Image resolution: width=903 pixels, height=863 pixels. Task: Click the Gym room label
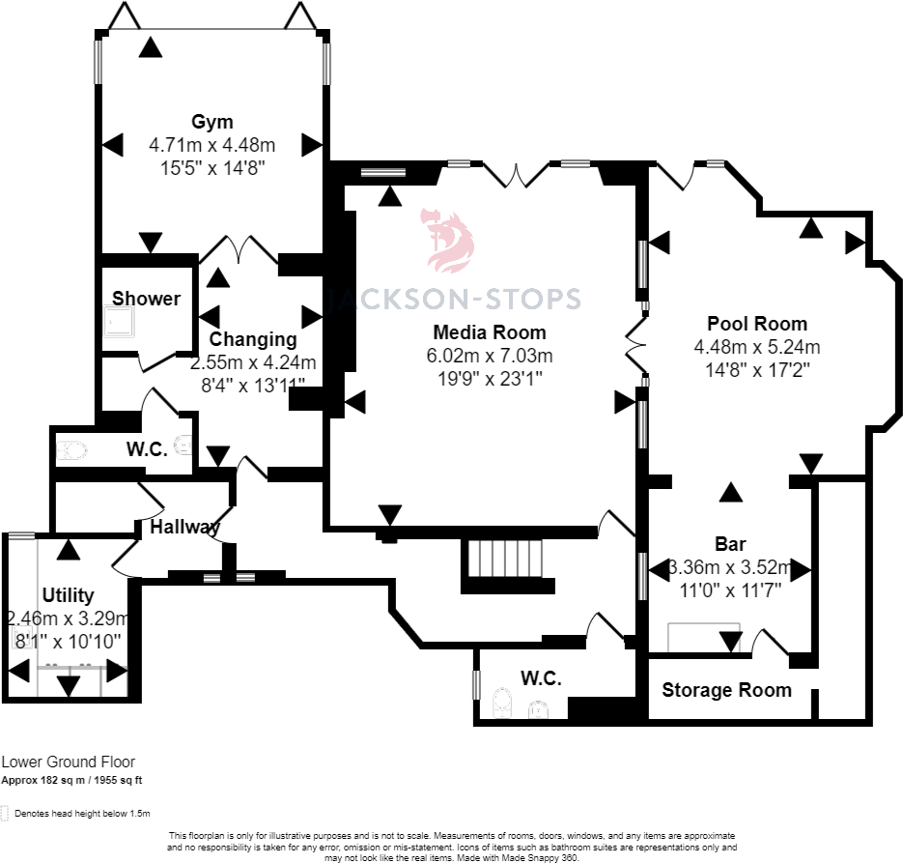point(212,122)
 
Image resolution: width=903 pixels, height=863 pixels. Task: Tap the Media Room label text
point(490,332)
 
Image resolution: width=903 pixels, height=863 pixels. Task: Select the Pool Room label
point(757,324)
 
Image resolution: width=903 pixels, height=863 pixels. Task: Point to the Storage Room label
point(727,690)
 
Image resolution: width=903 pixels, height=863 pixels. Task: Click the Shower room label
point(146,299)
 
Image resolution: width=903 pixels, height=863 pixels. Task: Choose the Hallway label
point(184,527)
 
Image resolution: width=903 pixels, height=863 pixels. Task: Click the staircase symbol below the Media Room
point(506,559)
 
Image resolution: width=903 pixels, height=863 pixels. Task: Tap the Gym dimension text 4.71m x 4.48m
point(212,145)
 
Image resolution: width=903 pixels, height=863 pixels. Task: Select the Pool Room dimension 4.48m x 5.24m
point(757,347)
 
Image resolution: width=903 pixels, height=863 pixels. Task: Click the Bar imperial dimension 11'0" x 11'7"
point(730,590)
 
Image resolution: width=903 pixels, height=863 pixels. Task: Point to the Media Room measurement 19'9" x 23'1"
point(490,379)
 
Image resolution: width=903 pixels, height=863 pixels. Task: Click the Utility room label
point(68,595)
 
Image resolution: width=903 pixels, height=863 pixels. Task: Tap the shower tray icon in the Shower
point(119,321)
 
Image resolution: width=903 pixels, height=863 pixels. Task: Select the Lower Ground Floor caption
point(68,762)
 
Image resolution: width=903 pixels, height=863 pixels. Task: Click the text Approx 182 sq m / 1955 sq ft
point(71,781)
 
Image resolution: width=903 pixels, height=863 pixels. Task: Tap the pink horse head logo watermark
point(449,241)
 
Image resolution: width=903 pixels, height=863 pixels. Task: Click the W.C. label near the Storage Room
point(542,678)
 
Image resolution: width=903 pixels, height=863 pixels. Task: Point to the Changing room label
point(253,339)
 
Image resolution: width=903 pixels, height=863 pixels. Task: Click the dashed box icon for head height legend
point(5,813)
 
